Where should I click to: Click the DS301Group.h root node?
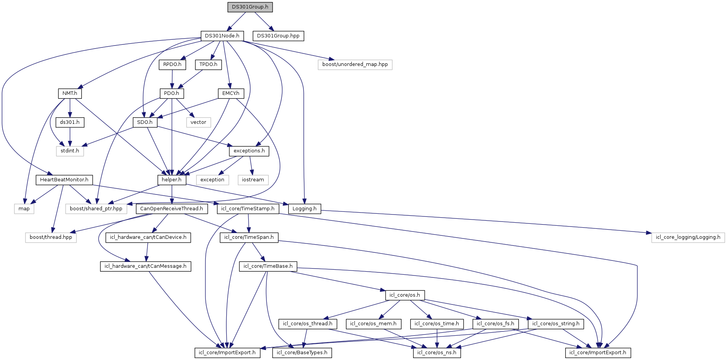coord(250,7)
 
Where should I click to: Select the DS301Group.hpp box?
coord(278,36)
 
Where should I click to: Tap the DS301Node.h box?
coord(222,36)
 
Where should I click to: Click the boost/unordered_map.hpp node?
coord(355,64)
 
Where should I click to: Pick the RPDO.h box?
coord(172,64)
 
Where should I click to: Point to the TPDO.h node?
coord(208,64)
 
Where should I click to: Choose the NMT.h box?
coord(70,93)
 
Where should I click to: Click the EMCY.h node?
coord(231,93)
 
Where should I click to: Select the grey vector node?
coord(198,122)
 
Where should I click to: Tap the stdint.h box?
coord(70,151)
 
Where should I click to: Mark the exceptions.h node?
coord(249,151)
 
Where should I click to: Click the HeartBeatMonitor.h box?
coord(64,180)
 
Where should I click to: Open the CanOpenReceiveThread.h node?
coord(172,209)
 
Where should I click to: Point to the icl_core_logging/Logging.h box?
coord(688,237)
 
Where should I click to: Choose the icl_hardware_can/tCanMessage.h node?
coord(146,266)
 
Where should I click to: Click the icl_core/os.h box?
coord(405,295)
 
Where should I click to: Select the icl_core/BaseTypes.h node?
coord(302,353)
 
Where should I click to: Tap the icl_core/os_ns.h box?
coord(437,353)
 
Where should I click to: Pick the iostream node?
coord(253,180)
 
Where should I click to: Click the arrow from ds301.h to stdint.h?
coord(70,137)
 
